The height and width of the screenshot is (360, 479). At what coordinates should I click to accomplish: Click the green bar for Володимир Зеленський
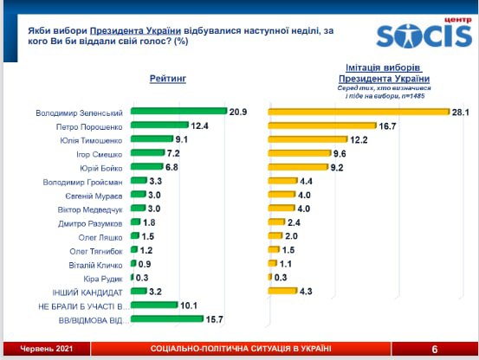coord(179,111)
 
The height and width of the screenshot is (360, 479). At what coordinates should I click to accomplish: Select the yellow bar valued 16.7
coord(322,125)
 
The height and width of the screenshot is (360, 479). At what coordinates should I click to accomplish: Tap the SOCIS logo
coord(424,34)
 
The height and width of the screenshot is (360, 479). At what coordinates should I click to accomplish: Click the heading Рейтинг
coord(168,79)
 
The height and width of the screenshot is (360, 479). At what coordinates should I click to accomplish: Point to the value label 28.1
coord(460,112)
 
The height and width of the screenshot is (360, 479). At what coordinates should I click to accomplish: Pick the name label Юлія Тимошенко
coord(91,141)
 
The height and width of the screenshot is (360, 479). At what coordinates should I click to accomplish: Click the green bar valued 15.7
coord(167,318)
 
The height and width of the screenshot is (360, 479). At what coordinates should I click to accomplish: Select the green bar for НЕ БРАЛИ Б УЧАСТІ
coord(154,305)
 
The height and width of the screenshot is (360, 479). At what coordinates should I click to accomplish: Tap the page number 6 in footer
coord(435,349)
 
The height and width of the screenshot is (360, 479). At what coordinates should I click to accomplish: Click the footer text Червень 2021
coord(47,349)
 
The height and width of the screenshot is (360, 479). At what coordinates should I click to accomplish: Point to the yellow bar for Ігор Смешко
coord(300,153)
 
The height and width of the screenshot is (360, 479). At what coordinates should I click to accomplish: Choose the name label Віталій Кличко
coord(95,266)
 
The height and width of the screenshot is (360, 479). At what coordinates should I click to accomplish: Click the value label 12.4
coord(199,125)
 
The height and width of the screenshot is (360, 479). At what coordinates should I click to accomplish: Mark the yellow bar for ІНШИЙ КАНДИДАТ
coord(282,291)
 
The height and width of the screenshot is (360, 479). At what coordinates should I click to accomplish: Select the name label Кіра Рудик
coord(103,280)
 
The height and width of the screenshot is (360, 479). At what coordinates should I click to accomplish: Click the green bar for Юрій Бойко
coord(147,166)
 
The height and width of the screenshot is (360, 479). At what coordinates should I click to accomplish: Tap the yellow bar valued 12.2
coord(308,139)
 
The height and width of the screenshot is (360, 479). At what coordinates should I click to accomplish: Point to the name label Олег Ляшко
coord(100,238)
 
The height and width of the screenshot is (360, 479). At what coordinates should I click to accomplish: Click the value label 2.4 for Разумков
coord(294,222)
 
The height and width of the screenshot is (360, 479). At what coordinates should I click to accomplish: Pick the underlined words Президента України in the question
coord(135,31)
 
